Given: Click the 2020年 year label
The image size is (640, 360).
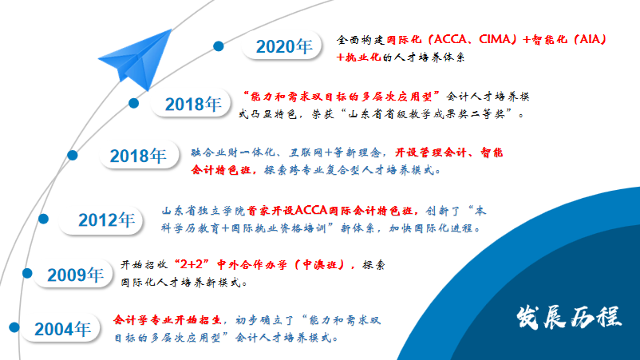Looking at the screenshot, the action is [x=284, y=46].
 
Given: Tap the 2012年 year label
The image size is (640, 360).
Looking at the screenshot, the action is [x=106, y=220].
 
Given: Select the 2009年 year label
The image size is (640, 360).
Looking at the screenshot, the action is [x=76, y=275].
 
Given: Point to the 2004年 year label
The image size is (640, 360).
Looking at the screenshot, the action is [x=62, y=329].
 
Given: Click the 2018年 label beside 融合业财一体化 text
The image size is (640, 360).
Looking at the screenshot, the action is [x=138, y=156].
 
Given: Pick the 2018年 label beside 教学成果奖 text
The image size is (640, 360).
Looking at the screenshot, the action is [x=193, y=104].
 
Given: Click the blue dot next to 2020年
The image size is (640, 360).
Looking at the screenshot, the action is [x=219, y=46].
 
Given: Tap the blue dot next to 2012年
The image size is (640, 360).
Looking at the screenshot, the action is [x=43, y=220].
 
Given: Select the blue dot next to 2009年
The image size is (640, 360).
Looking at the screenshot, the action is [x=27, y=274].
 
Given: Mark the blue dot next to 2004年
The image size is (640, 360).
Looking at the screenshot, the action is [x=14, y=327].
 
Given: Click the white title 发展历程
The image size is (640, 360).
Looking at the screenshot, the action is [x=568, y=317].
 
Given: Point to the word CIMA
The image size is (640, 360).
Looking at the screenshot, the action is [x=495, y=39].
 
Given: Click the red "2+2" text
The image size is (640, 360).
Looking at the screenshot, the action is [x=192, y=264].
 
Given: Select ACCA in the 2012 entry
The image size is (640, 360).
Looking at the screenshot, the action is [x=311, y=211].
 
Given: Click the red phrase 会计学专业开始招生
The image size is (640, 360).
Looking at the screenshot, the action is [x=168, y=319].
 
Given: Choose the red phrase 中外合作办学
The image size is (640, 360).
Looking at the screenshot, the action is [x=252, y=265].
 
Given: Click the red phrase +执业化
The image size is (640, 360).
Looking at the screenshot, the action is [x=358, y=57].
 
